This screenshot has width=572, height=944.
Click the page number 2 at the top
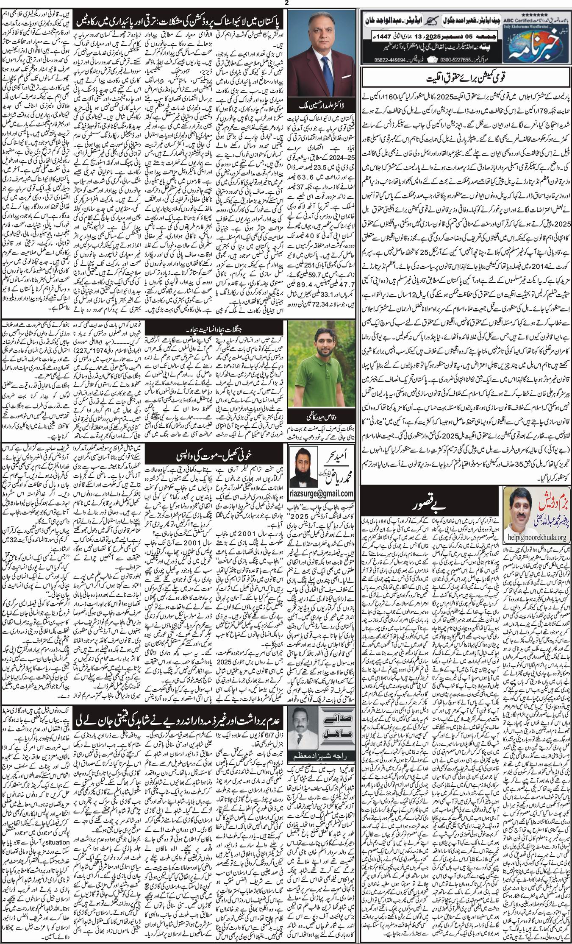286,3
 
